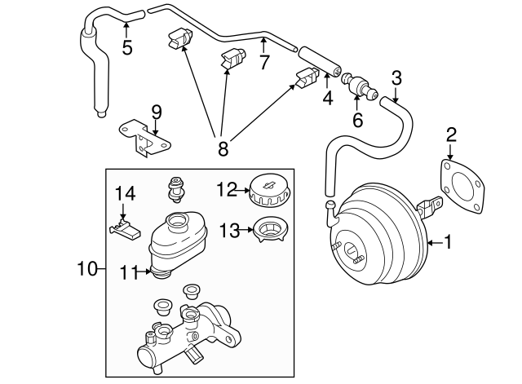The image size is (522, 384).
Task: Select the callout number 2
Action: [x=450, y=135]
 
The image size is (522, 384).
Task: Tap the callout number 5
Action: [x=127, y=46]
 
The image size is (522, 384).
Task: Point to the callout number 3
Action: [x=396, y=78]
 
